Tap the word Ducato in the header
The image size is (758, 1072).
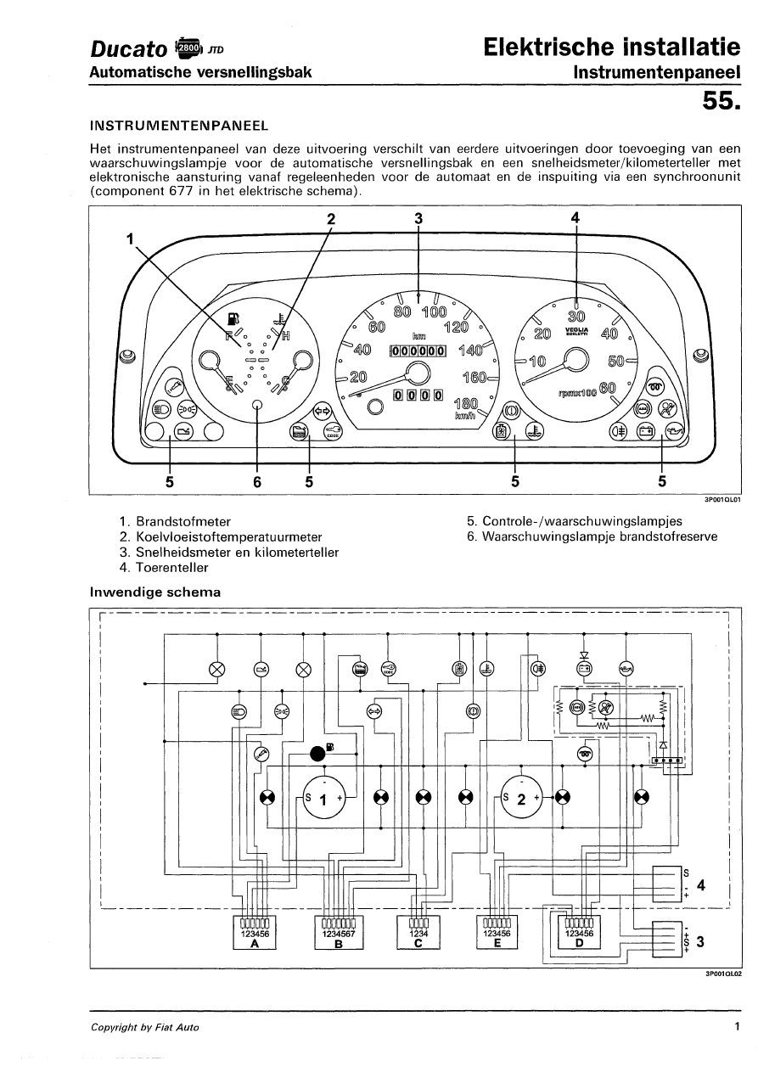(128, 49)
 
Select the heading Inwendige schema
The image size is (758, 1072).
(155, 592)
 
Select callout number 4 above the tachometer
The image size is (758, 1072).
(576, 218)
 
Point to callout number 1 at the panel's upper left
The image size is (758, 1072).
(131, 239)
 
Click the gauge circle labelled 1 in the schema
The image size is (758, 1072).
(323, 799)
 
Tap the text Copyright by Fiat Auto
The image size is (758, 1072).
(145, 1027)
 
